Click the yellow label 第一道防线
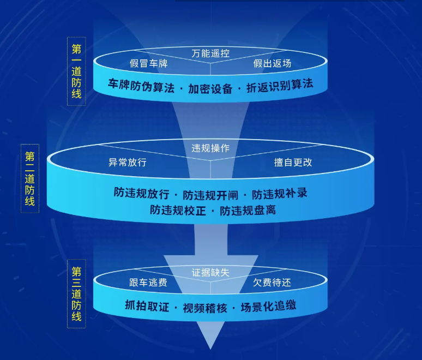click(76, 71)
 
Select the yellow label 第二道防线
click(30, 178)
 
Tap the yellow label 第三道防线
click(76, 294)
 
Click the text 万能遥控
click(210, 53)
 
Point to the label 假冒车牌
click(148, 63)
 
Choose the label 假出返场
click(272, 63)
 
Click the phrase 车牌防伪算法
click(141, 86)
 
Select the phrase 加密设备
click(210, 88)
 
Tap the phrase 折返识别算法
click(280, 85)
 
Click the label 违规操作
click(210, 148)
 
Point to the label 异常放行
click(127, 162)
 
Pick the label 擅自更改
click(293, 162)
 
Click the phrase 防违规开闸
click(210, 195)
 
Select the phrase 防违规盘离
click(248, 211)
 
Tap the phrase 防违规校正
click(178, 211)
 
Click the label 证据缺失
click(210, 273)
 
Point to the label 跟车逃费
click(148, 282)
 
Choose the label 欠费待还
click(272, 282)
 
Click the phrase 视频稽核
click(205, 308)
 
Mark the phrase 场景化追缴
click(269, 306)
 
